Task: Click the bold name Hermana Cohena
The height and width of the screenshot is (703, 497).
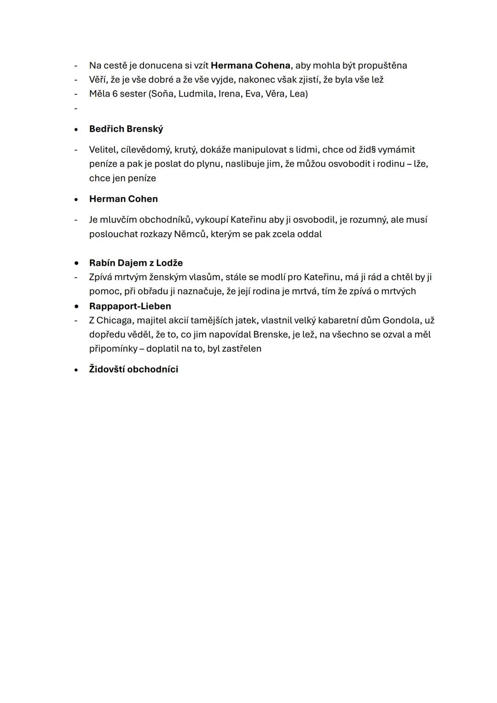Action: [x=250, y=65]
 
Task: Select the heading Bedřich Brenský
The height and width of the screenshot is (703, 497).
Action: [x=126, y=129]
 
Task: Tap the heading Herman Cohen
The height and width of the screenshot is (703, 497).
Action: [x=123, y=199]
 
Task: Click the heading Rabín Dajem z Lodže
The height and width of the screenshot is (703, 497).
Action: [x=136, y=263]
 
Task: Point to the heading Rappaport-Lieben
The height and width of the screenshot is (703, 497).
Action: [x=130, y=306]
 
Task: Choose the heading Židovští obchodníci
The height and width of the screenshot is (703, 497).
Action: [x=133, y=369]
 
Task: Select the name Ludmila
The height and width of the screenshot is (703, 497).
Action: [x=196, y=94]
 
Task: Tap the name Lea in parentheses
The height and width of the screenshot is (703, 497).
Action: [x=298, y=94]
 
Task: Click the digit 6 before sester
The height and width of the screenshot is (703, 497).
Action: [x=115, y=94]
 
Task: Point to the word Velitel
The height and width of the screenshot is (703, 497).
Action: [x=103, y=150]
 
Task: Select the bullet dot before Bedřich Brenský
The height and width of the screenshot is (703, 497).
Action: [x=76, y=129]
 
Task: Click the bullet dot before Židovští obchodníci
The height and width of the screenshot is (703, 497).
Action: [x=76, y=370]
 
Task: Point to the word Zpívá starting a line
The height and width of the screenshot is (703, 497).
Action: [x=102, y=277]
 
